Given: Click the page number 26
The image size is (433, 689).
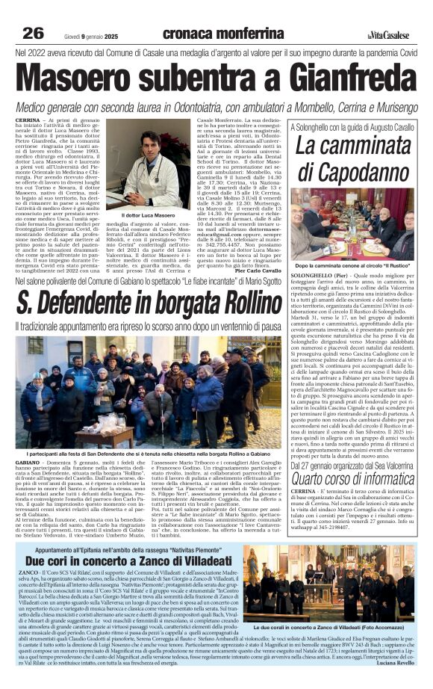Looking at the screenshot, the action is click(x=33, y=33).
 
